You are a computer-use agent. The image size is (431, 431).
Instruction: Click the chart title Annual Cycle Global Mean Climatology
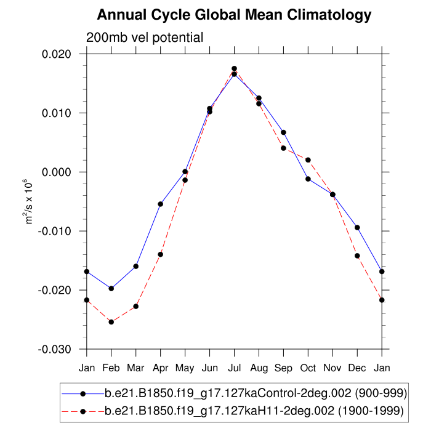point(234,14)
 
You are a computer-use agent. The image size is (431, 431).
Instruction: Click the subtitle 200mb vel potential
point(145,38)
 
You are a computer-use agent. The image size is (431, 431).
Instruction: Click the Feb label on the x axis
point(111,368)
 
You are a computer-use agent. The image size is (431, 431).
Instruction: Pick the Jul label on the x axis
point(234,368)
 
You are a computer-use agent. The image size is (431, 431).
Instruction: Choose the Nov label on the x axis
point(332,368)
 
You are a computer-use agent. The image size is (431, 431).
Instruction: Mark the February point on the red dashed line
point(111,322)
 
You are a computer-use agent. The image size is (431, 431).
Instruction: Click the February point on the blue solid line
point(111,288)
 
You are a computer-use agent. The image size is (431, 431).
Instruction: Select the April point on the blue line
point(160,204)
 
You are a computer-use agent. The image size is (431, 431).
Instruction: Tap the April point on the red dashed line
point(160,254)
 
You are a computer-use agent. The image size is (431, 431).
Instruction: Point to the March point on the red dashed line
point(135,306)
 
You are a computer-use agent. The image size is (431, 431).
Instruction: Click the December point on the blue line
point(357,228)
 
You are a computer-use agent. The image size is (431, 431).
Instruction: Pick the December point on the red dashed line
point(357,256)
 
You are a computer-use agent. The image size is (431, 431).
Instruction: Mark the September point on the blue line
point(283,132)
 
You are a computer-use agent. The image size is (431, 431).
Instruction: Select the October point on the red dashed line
point(308,160)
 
